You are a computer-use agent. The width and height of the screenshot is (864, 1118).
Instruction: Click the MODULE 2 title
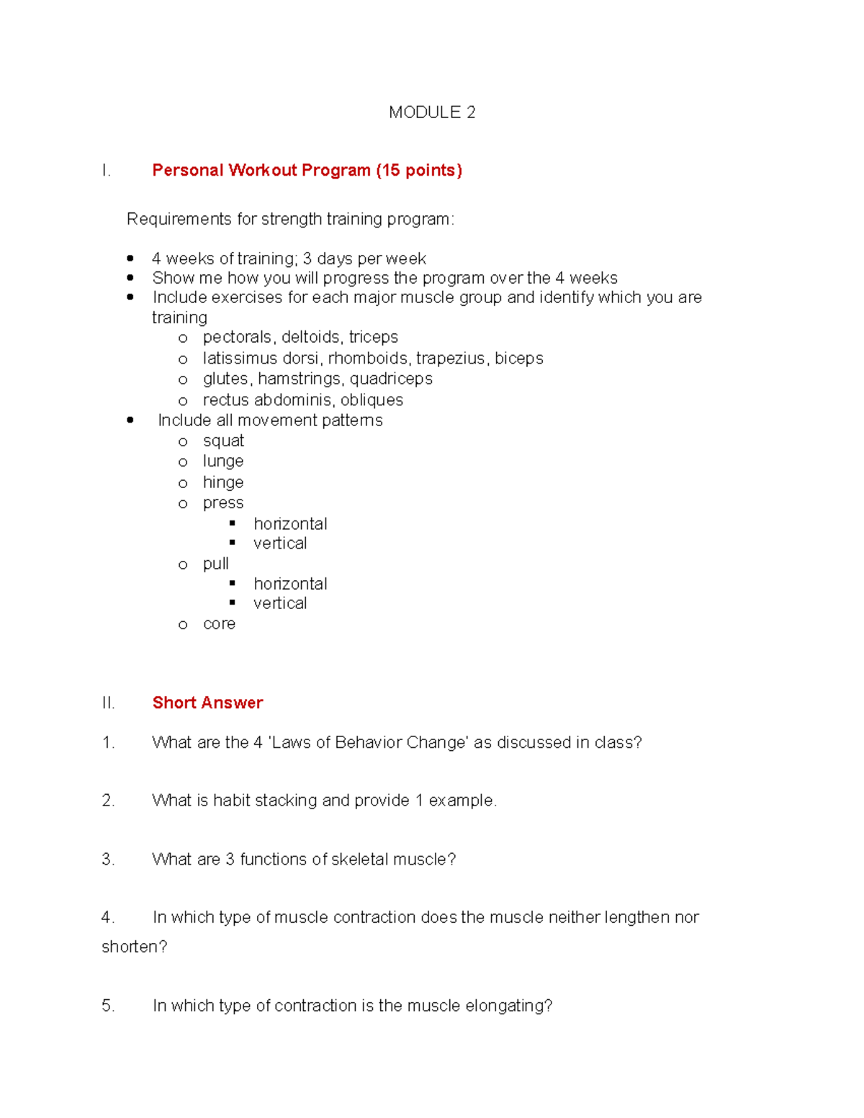(x=432, y=112)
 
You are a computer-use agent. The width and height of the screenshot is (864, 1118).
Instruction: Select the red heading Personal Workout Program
(x=307, y=171)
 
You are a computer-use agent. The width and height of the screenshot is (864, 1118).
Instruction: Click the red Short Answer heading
(x=207, y=703)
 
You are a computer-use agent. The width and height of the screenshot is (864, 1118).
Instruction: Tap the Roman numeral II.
(x=108, y=703)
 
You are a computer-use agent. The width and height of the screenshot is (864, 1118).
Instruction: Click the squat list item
(x=223, y=441)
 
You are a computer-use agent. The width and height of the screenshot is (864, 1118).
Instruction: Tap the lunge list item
(x=223, y=461)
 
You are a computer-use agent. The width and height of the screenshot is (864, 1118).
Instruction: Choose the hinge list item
(x=223, y=482)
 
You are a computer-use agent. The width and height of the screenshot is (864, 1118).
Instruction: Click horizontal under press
(x=290, y=523)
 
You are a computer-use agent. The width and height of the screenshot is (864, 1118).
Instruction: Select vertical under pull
(x=280, y=603)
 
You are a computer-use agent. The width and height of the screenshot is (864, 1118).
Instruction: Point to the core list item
(x=219, y=623)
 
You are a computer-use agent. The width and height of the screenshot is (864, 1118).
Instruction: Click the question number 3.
(x=108, y=859)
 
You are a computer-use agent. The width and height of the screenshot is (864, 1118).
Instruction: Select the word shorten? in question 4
(x=134, y=947)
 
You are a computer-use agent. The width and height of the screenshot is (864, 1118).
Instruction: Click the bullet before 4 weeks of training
(x=130, y=258)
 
